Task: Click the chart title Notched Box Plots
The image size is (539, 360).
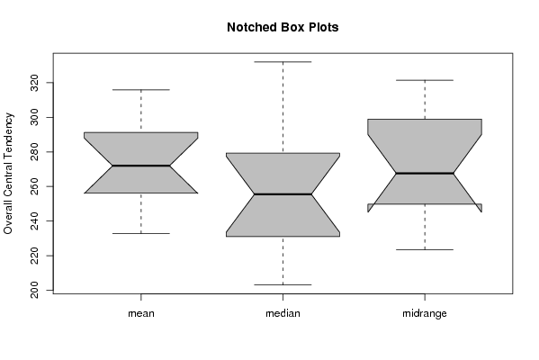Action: click(x=283, y=27)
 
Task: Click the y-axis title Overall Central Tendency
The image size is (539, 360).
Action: click(x=8, y=174)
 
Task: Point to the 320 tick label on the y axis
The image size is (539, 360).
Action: click(x=34, y=83)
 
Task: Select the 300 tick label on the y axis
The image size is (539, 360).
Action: click(x=34, y=117)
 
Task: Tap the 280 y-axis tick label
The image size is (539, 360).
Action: click(x=34, y=152)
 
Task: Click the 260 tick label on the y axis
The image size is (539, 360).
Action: click(x=34, y=186)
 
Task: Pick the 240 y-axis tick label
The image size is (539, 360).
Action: click(x=34, y=221)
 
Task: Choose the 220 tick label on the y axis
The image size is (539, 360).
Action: click(x=34, y=256)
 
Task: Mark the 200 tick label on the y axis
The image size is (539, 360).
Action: click(x=34, y=290)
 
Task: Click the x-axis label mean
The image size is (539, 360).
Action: click(x=141, y=313)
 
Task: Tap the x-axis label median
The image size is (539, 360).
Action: click(x=283, y=313)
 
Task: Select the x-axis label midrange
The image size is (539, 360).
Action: click(x=425, y=313)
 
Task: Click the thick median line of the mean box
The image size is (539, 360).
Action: click(x=141, y=166)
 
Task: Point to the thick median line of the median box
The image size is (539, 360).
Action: click(x=283, y=194)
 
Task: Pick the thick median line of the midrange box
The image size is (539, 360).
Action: click(x=425, y=174)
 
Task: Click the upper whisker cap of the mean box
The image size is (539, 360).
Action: click(x=141, y=90)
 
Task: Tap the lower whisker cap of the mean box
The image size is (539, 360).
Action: click(x=141, y=233)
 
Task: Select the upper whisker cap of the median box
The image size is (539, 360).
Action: click(x=283, y=62)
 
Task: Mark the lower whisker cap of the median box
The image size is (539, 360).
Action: click(x=283, y=284)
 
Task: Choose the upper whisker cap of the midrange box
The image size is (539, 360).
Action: click(x=425, y=80)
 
